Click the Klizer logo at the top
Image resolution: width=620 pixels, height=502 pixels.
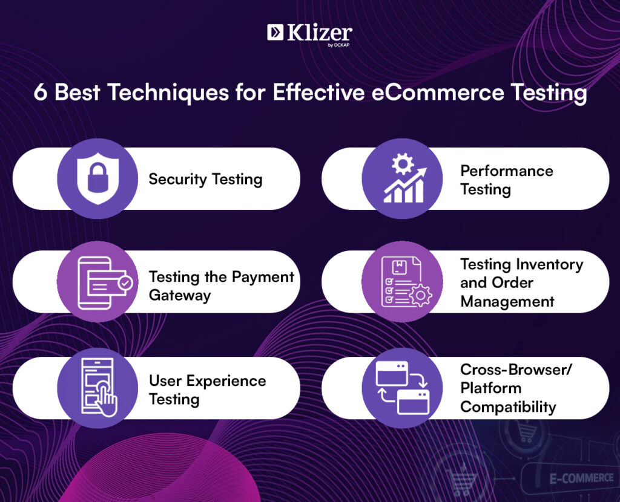[x=309, y=34]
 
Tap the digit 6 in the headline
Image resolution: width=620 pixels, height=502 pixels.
[x=41, y=93]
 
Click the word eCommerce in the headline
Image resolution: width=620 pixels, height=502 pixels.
[x=437, y=93]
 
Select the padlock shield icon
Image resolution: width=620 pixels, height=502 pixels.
[x=97, y=178]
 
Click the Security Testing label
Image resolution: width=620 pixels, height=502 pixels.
[x=205, y=179]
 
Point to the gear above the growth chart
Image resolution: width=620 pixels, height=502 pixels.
[x=403, y=163]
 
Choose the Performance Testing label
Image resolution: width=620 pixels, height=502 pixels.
[x=507, y=180]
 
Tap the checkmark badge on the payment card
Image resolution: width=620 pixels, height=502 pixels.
[x=126, y=283]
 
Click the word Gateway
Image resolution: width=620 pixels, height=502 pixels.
[x=180, y=295]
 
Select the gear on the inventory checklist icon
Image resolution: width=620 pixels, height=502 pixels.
[x=420, y=295]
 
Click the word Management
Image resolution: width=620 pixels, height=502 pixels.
[x=507, y=302]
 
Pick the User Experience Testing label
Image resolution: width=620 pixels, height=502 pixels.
[x=208, y=390]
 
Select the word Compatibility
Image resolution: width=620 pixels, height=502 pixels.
[x=508, y=407]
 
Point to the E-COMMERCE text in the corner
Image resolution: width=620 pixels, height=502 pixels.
[x=581, y=478]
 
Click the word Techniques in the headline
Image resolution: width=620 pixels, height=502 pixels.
[x=168, y=93]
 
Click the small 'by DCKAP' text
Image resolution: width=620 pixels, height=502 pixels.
[x=338, y=45]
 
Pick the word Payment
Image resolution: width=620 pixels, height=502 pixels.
[x=263, y=277]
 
